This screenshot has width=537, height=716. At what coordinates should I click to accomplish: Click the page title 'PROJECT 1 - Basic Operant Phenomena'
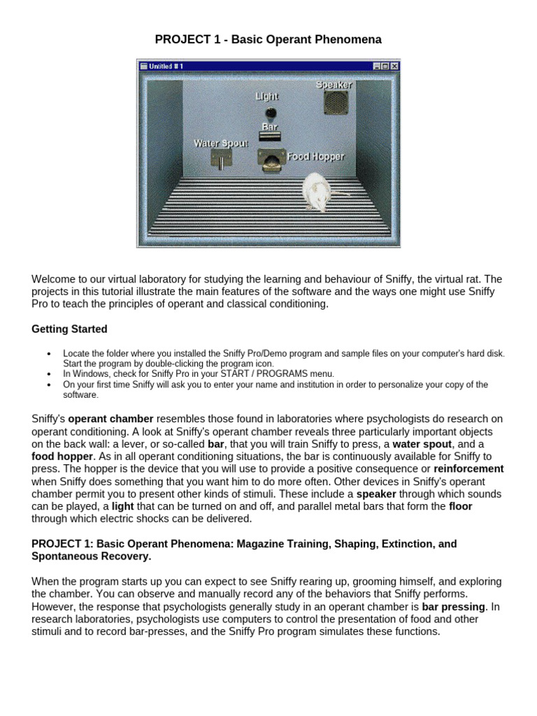pyautogui.click(x=268, y=40)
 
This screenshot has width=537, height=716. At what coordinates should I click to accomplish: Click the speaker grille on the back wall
pyautogui.click(x=335, y=103)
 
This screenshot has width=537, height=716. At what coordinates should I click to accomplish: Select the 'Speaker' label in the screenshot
pyautogui.click(x=334, y=85)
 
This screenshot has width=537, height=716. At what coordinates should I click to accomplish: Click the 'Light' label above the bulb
pyautogui.click(x=267, y=96)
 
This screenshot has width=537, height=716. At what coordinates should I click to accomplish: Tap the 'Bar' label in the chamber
pyautogui.click(x=269, y=127)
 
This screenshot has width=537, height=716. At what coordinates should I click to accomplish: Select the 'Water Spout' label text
pyautogui.click(x=220, y=143)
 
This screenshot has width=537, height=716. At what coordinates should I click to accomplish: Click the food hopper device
pyautogui.click(x=270, y=160)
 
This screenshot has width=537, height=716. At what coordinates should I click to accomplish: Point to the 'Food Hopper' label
pyautogui.click(x=316, y=157)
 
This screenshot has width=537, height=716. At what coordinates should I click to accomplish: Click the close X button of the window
pyautogui.click(x=394, y=66)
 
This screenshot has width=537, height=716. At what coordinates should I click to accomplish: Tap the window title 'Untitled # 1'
pyautogui.click(x=166, y=66)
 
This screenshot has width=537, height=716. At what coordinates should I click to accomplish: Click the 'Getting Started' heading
pyautogui.click(x=69, y=329)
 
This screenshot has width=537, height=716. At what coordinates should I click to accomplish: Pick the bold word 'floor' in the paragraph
pyautogui.click(x=460, y=506)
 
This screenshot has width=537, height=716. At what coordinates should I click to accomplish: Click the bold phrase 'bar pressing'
pyautogui.click(x=454, y=606)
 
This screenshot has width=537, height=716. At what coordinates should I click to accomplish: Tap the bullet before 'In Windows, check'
pyautogui.click(x=48, y=374)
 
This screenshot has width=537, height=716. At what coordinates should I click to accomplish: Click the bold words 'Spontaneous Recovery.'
pyautogui.click(x=92, y=557)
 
